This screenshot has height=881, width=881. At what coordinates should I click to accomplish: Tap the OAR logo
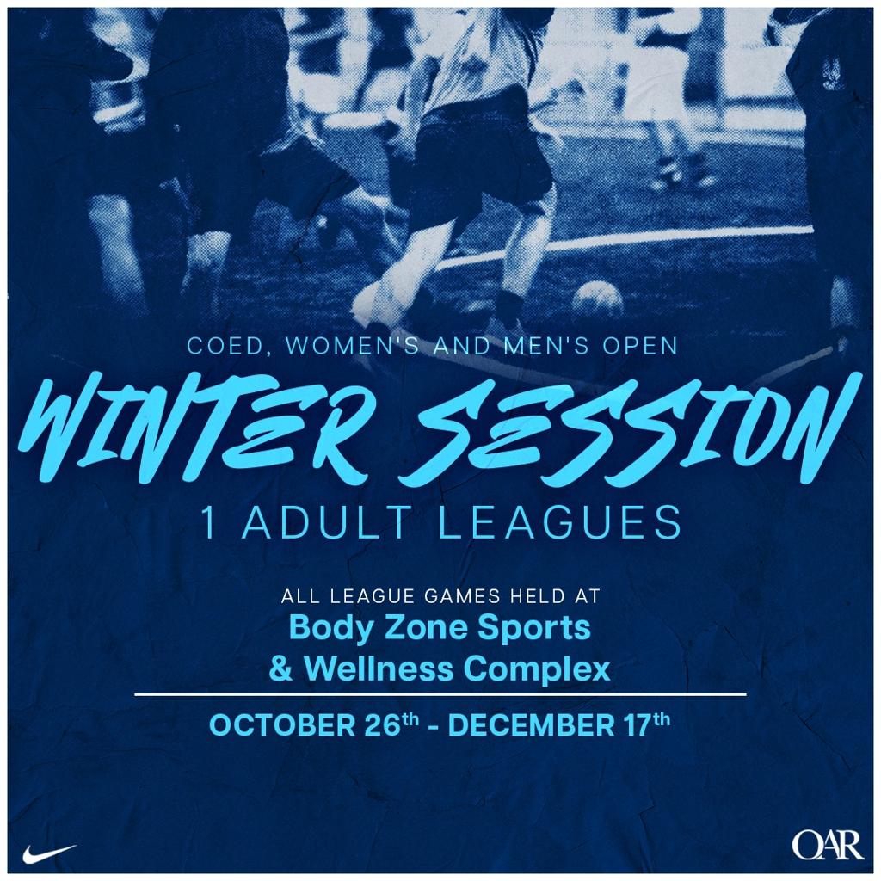click(x=828, y=847)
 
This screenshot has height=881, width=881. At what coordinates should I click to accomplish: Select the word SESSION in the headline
click(x=625, y=427)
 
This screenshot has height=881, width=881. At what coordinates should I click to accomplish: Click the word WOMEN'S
click(x=352, y=345)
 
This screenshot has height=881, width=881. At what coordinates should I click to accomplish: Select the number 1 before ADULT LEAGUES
click(x=210, y=522)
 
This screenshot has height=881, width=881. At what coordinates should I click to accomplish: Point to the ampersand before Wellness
click(x=281, y=669)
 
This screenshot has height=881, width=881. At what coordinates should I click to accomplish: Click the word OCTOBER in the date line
click(x=282, y=724)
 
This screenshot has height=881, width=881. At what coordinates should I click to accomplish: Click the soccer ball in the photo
click(x=599, y=300)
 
